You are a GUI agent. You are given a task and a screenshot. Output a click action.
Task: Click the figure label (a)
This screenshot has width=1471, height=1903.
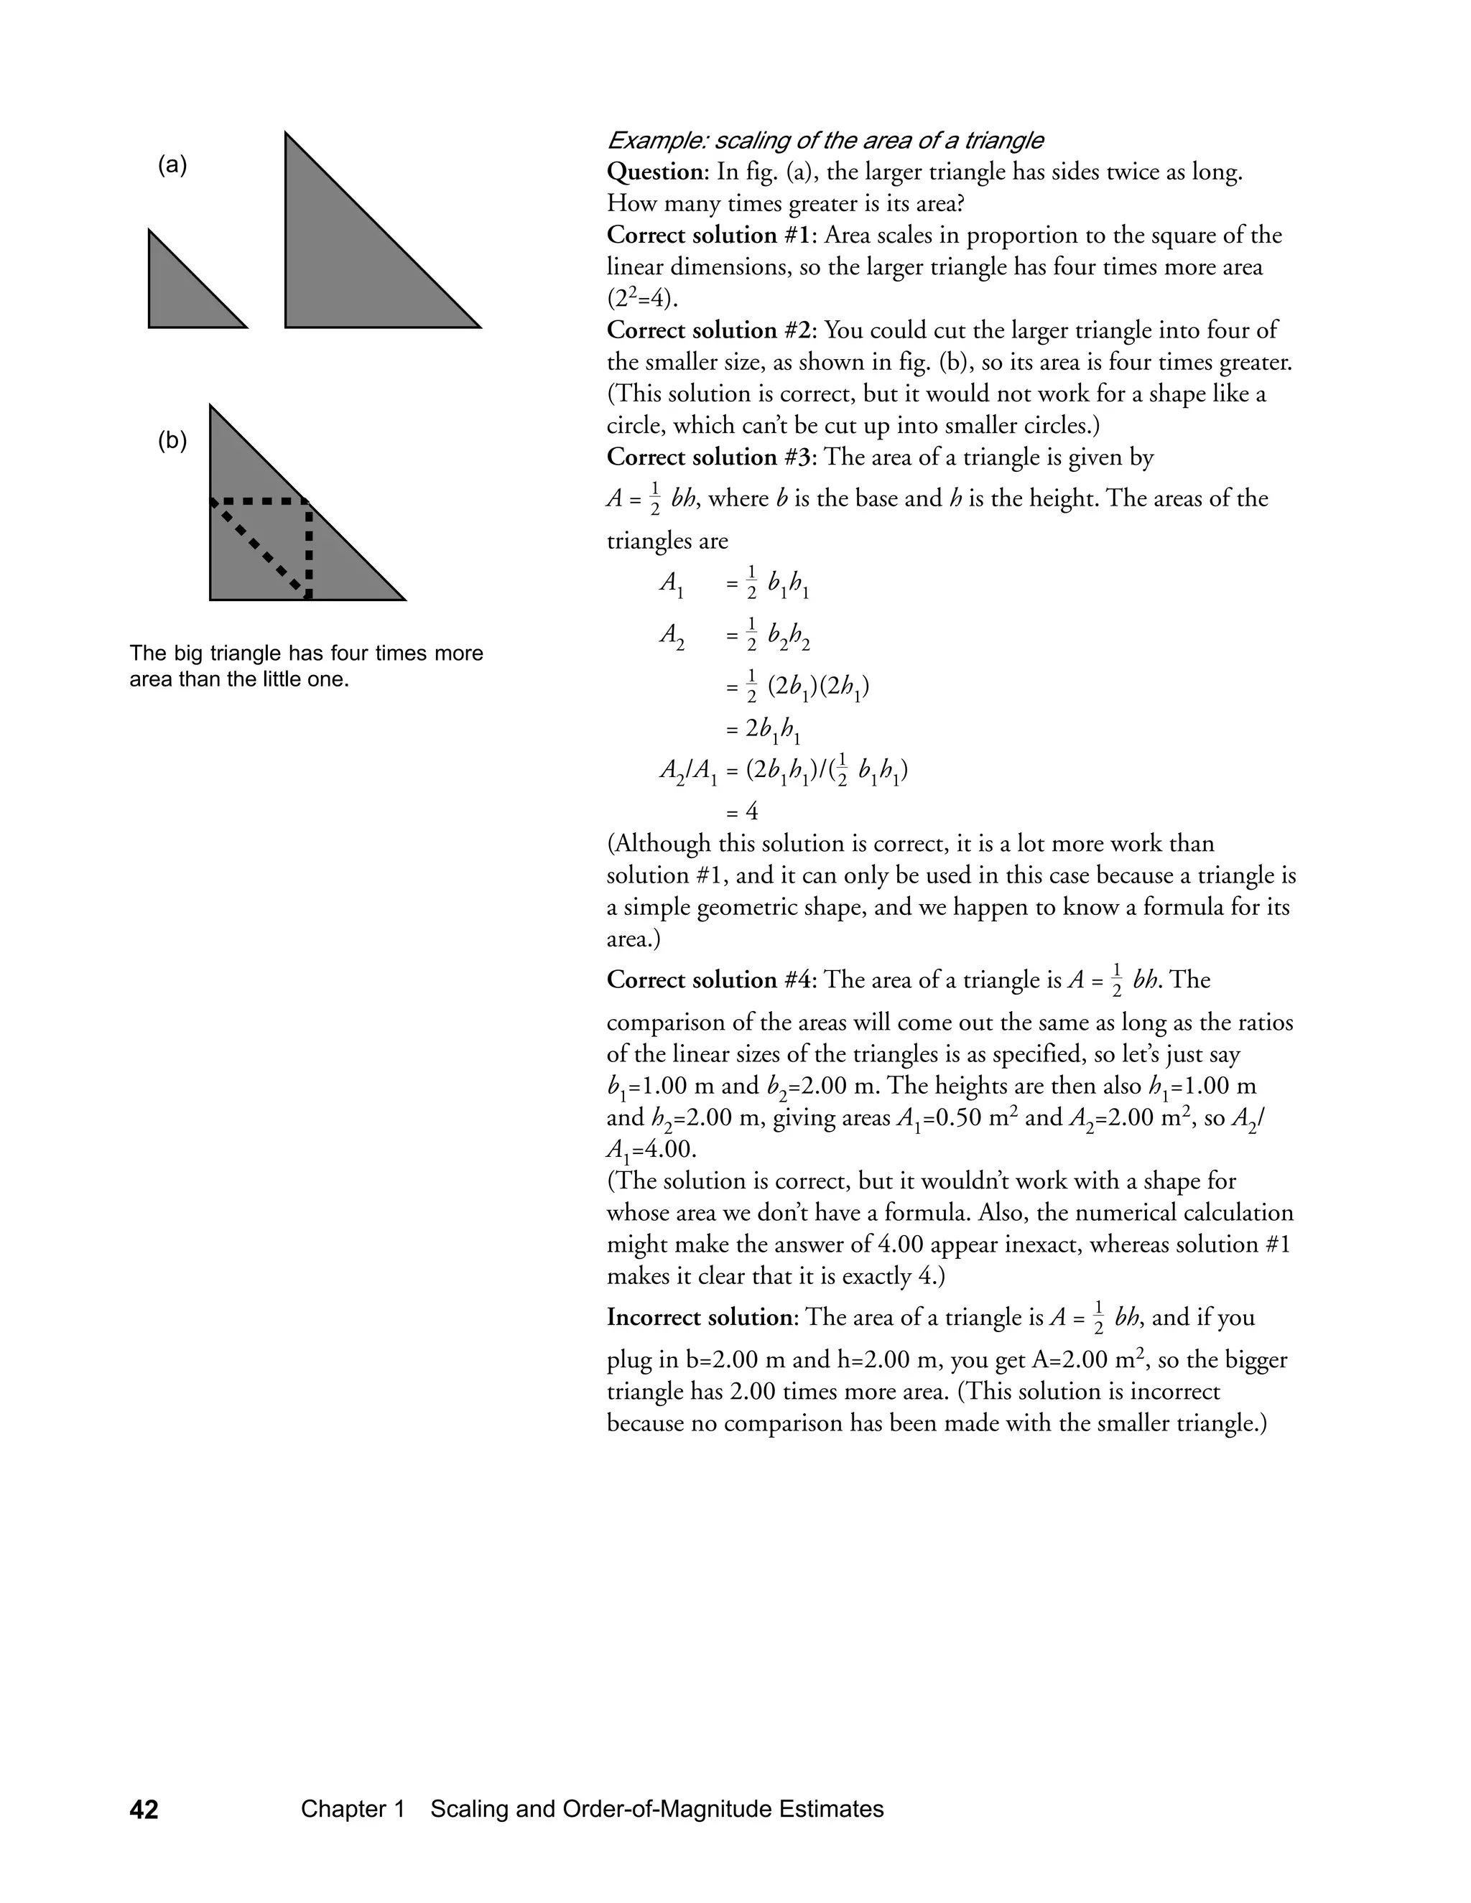[x=172, y=166]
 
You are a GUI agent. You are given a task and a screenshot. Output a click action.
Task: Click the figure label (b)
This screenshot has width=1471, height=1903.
[x=172, y=441]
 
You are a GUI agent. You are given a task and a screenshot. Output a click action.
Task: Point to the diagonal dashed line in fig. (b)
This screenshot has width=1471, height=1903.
[x=260, y=549]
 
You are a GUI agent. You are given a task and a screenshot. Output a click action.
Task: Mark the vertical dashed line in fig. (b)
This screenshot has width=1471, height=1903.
[x=308, y=549]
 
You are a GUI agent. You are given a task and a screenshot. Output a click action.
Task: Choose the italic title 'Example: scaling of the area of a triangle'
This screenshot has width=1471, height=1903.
[x=825, y=140]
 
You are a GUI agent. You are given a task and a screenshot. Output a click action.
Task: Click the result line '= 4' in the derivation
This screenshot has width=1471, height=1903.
[x=741, y=812]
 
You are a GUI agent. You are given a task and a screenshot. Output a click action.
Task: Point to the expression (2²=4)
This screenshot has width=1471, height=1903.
[x=642, y=299]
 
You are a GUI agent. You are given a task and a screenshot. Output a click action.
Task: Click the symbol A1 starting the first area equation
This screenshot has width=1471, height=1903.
[x=672, y=585]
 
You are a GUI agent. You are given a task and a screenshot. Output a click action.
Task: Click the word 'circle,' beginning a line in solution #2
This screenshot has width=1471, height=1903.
[x=637, y=426]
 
